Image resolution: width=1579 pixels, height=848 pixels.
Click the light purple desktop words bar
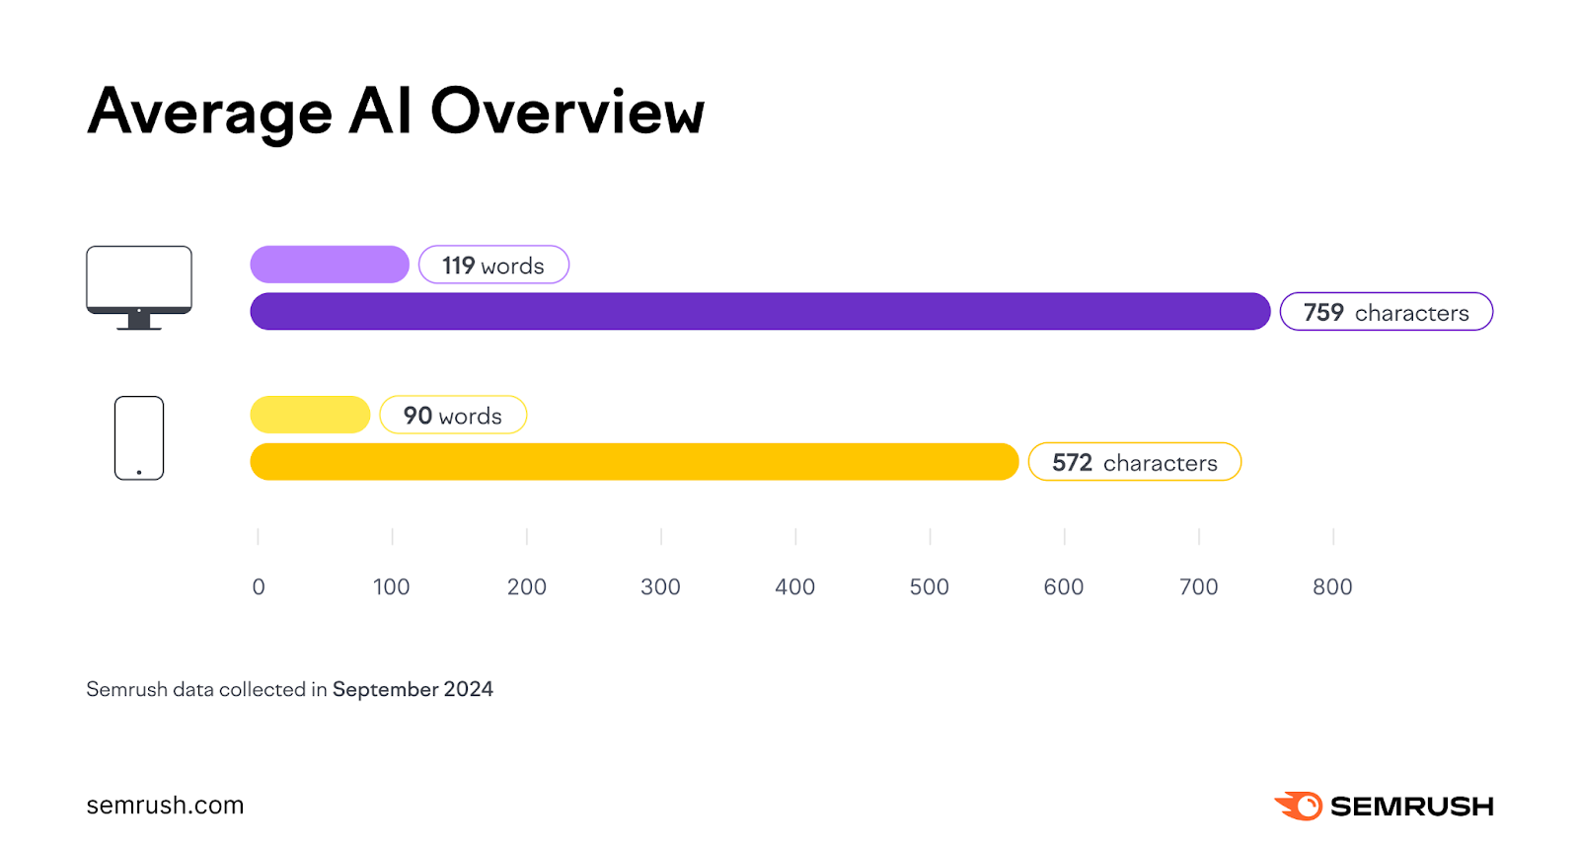330,265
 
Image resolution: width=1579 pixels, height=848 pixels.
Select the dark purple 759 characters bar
760,311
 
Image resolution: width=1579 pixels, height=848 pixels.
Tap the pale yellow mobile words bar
310,415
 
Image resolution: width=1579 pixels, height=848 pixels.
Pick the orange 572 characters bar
634,462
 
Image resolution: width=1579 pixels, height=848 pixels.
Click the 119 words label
493,266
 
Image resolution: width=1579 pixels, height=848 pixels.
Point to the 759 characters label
1386,312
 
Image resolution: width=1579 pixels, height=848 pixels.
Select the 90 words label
453,416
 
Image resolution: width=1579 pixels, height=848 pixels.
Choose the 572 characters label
1134,462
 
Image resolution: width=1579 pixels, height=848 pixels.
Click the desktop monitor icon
139,286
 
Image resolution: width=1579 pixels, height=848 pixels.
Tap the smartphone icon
139,438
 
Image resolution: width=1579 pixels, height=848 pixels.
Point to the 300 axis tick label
660,586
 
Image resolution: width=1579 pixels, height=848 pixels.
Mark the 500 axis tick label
929,586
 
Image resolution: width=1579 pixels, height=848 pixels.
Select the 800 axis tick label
1332,586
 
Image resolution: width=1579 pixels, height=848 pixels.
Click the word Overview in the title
567,112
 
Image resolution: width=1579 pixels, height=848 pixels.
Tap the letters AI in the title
380,112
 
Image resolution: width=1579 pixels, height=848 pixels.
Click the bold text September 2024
413,689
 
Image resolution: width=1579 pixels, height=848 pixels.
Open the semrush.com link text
165,806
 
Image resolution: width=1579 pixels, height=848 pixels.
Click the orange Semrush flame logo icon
1299,806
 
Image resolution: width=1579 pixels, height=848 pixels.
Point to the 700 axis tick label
1198,586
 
